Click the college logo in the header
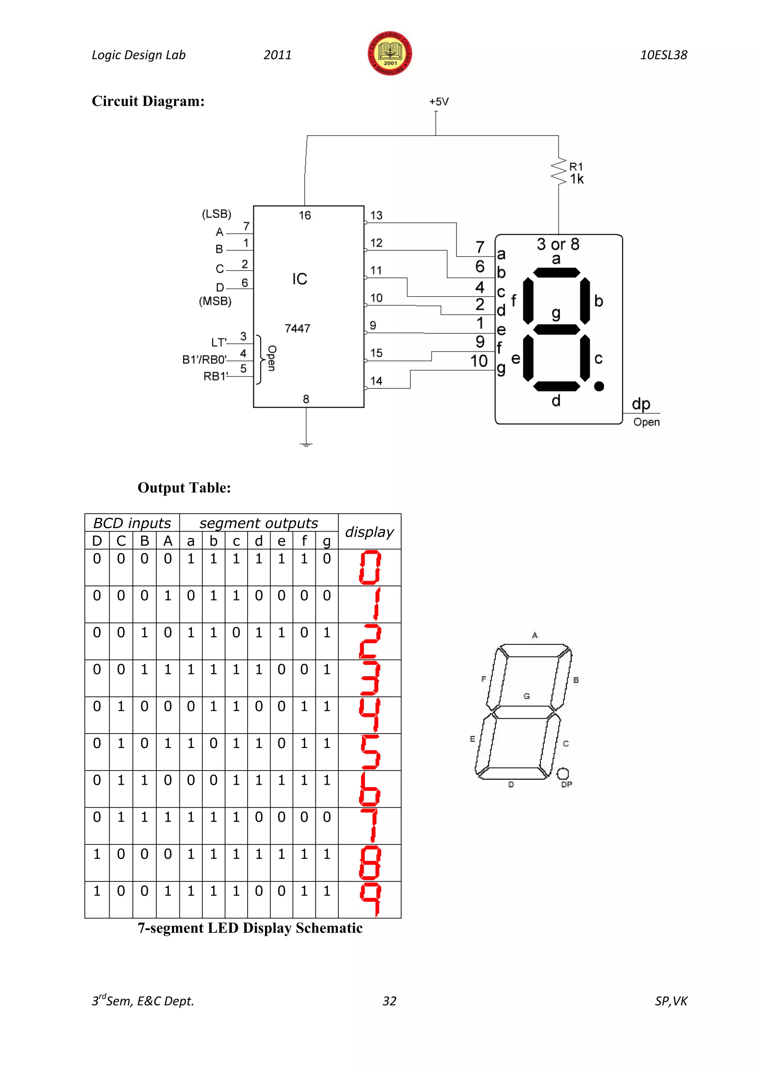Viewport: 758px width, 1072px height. tap(390, 54)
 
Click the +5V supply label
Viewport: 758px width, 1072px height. tap(439, 102)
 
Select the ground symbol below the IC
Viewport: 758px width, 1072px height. tap(306, 445)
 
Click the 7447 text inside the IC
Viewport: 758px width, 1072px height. tap(297, 329)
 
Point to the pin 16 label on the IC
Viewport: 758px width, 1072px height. tap(305, 216)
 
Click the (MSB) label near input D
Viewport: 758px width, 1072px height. tap(215, 301)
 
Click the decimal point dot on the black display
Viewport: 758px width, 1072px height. tap(599, 386)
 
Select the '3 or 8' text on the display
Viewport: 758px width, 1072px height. tap(558, 244)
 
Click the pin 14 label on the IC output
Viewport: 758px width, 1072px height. tap(376, 381)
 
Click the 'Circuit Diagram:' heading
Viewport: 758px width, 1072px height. tap(148, 101)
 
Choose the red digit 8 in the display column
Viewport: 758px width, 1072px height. tap(370, 863)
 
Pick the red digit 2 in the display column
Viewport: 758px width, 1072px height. tap(370, 641)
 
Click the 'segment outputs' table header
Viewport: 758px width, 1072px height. tap(259, 523)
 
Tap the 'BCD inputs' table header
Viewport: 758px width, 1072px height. tap(132, 523)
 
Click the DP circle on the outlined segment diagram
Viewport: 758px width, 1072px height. tap(563, 774)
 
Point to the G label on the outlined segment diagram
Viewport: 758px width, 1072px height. tap(527, 696)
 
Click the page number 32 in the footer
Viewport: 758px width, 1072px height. tap(389, 1001)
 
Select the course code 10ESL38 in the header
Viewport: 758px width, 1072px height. tap(663, 55)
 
